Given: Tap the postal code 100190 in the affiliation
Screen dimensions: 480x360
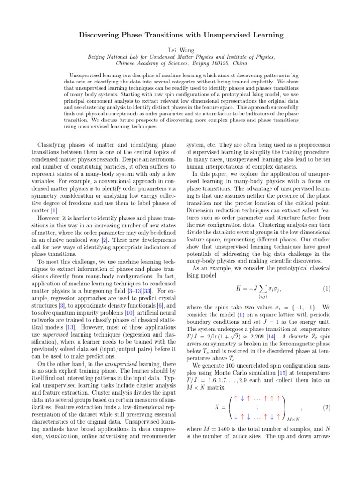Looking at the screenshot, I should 220,62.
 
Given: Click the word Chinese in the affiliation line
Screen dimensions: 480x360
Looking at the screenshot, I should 127,62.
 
